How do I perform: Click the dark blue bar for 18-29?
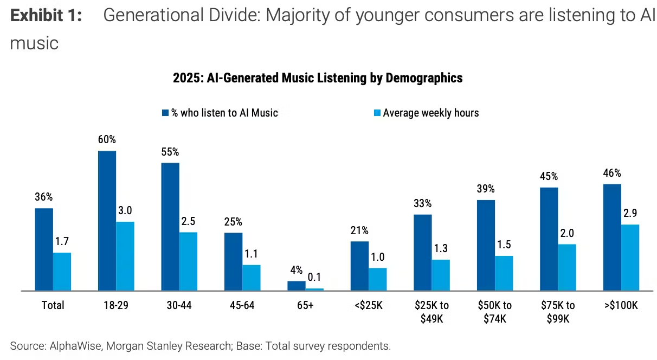(107, 221)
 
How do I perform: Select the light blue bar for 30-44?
(188, 261)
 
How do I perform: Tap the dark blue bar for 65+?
(296, 286)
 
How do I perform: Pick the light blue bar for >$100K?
(630, 258)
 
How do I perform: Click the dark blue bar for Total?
(44, 249)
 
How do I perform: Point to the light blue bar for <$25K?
(378, 279)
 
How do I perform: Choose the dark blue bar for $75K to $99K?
(549, 239)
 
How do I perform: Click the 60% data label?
(107, 139)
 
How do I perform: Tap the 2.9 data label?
(630, 213)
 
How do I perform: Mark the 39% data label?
(486, 189)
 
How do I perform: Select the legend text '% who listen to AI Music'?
(224, 113)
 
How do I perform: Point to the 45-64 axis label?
(242, 305)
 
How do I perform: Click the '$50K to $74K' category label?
(494, 312)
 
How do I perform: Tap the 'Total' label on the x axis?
(53, 305)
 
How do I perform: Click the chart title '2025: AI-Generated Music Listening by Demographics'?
(318, 78)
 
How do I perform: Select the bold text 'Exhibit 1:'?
(46, 16)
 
